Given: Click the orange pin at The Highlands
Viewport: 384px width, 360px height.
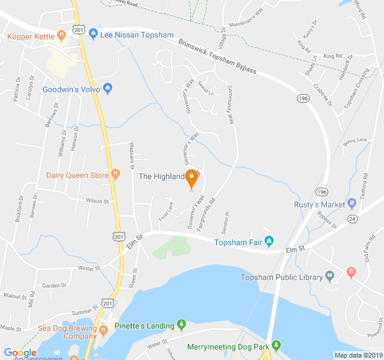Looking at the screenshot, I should pos(192,178).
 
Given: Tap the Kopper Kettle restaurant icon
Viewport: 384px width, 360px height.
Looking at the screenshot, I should pos(61,36).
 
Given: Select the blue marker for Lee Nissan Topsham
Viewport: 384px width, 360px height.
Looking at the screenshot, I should pos(93,35).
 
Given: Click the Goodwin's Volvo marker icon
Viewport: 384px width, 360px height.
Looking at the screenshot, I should pos(107,89).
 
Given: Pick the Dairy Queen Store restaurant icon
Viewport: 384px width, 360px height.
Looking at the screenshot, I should pos(115,175).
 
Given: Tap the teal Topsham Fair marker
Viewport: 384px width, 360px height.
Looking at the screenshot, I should pos(269,241).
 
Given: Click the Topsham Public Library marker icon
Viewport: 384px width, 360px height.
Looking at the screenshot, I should pos(329,277).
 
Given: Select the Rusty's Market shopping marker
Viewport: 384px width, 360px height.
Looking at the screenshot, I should pos(352,205).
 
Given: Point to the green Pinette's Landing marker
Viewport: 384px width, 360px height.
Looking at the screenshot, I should pos(182,325).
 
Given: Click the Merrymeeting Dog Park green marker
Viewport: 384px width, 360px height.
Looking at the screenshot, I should pos(276,346).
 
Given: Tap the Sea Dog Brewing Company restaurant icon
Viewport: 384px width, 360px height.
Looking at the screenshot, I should pos(103,329).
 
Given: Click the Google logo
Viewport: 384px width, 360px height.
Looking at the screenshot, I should pos(20,353).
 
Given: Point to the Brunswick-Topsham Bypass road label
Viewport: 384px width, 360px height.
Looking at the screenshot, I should pos(217,57).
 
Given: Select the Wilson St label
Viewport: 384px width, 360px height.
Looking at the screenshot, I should pos(97,202).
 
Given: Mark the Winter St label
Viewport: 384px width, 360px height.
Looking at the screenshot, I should pos(88,268).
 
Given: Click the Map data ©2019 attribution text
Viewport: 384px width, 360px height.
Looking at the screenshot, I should pos(358,355).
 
